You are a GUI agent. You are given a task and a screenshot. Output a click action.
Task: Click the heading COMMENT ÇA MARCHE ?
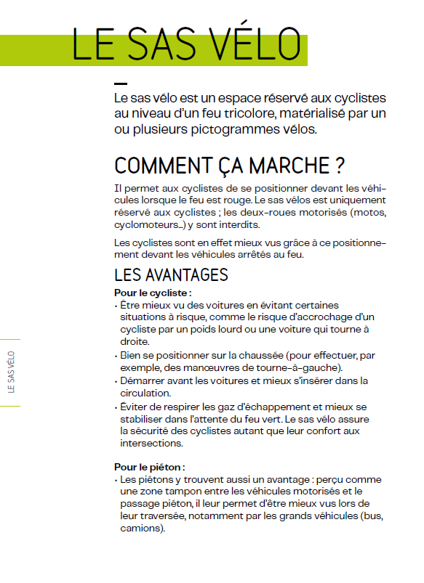coord(229,166)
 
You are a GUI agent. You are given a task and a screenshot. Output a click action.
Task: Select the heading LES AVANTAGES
coord(171,275)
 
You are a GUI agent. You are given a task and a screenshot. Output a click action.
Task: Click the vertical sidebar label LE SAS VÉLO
coord(10,372)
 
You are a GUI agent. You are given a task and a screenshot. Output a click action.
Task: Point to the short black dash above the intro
coord(121,84)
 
